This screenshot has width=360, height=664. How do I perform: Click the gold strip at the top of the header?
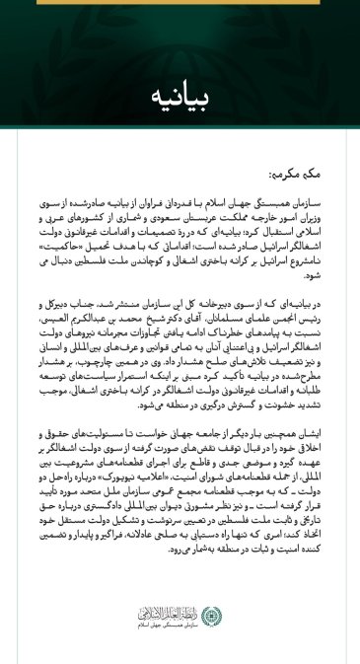coord(180,3)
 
